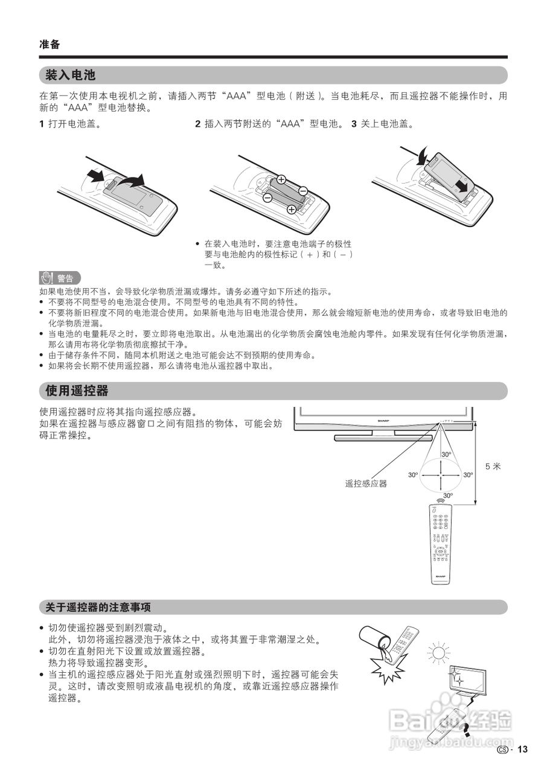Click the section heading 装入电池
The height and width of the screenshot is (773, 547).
pyautogui.click(x=71, y=75)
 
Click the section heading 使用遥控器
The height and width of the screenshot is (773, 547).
pyautogui.click(x=77, y=391)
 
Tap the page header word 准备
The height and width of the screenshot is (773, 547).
pyautogui.click(x=50, y=44)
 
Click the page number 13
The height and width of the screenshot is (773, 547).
pyautogui.click(x=522, y=749)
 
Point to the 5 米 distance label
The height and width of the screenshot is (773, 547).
pyautogui.click(x=493, y=466)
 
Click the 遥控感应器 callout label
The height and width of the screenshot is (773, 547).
pyautogui.click(x=366, y=483)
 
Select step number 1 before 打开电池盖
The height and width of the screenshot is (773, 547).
pyautogui.click(x=42, y=124)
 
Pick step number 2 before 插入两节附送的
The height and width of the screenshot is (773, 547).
pyautogui.click(x=197, y=124)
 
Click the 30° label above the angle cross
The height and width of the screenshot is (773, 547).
pyautogui.click(x=446, y=454)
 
